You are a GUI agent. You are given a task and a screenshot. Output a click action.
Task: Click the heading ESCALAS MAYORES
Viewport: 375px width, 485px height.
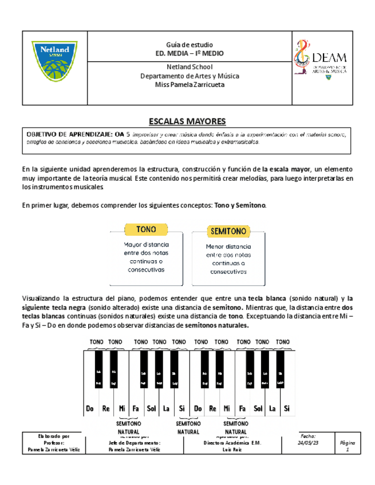187,121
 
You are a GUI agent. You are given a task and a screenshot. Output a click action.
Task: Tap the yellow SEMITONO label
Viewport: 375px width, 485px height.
228,232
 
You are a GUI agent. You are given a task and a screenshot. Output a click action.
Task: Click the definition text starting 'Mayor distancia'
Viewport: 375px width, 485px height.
146,256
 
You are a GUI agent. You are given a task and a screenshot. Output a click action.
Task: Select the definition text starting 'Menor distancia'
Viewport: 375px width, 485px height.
228,259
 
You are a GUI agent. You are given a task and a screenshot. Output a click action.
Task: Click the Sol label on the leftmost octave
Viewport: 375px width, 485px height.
151,408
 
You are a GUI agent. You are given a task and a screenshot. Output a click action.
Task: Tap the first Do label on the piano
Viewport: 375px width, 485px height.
90,408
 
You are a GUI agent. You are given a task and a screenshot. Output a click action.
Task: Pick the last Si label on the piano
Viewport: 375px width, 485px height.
287,408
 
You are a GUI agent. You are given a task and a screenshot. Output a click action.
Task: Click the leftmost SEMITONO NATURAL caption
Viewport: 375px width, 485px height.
128,427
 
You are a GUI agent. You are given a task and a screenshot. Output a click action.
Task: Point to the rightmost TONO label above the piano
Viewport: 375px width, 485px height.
283,342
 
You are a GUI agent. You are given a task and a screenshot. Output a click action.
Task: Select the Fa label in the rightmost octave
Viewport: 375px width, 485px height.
242,408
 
